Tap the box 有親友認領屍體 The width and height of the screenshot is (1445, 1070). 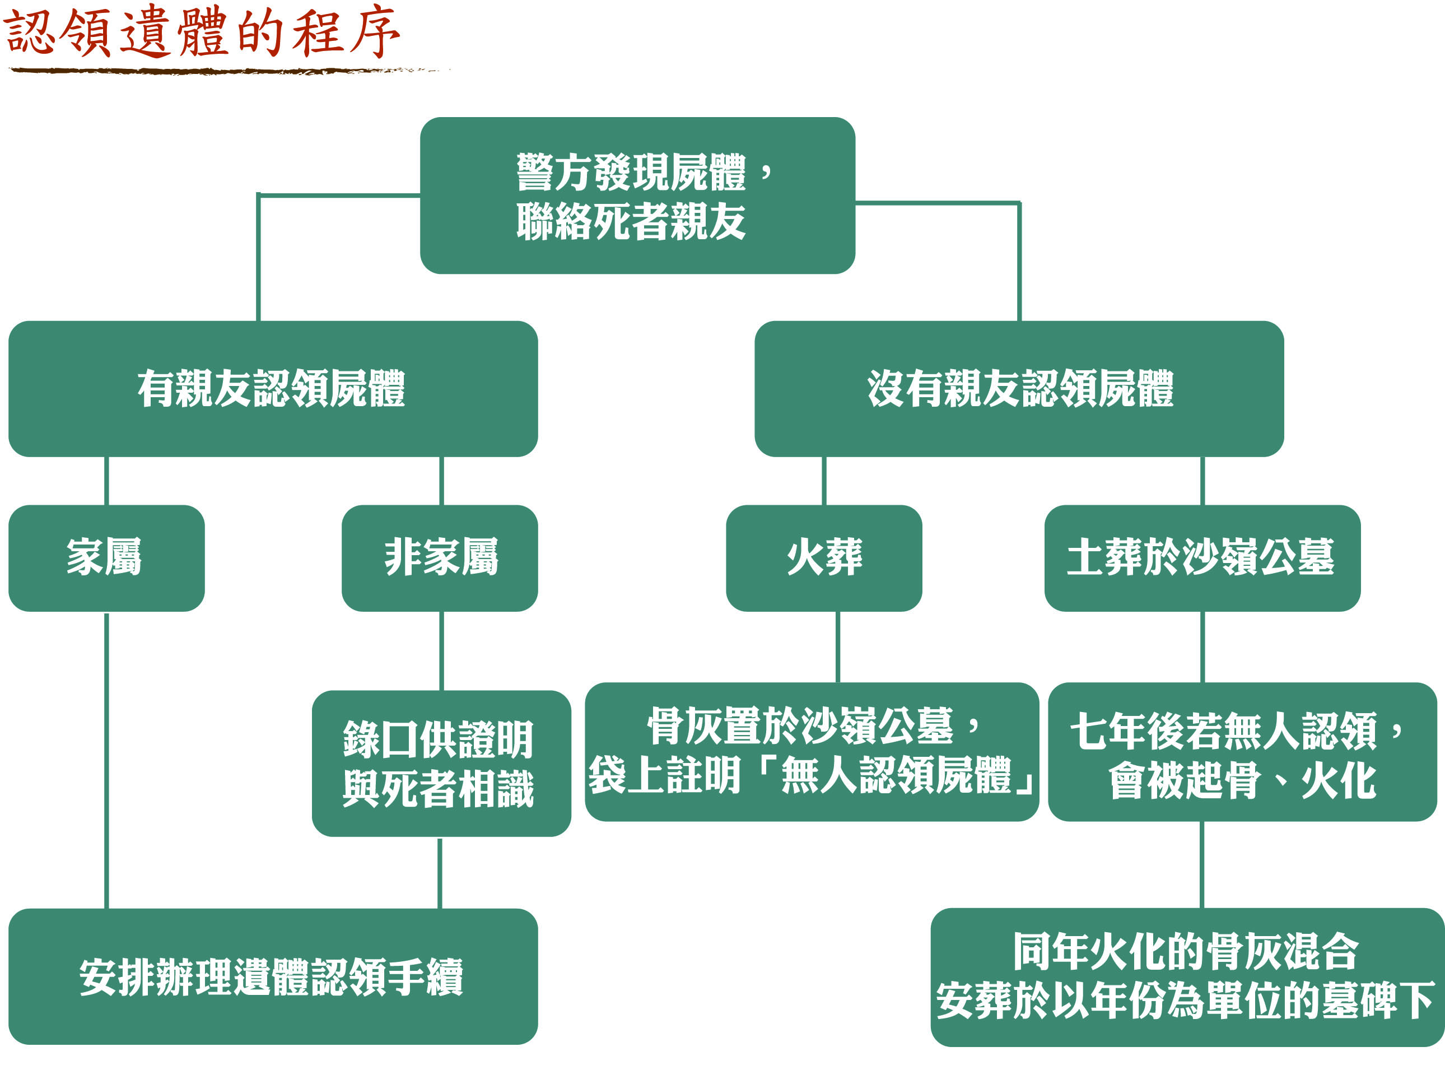click(273, 389)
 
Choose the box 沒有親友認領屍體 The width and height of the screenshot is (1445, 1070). click(1019, 389)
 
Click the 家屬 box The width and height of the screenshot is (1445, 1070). click(106, 557)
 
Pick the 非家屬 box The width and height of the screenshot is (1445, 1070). click(440, 557)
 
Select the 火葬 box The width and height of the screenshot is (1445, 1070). click(823, 557)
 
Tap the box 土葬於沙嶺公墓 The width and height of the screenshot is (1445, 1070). click(1201, 557)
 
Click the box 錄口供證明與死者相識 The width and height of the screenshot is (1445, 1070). click(441, 763)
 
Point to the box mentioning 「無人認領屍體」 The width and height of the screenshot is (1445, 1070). click(811, 751)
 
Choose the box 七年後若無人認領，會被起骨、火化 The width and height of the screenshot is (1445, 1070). click(1242, 751)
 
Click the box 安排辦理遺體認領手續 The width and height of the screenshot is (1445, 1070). click(273, 977)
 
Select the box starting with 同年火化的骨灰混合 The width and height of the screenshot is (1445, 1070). click(1187, 977)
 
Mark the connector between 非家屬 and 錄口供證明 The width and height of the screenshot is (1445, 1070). click(441, 650)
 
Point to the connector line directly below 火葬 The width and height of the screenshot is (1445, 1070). click(838, 646)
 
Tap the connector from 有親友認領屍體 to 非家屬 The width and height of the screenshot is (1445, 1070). click(441, 481)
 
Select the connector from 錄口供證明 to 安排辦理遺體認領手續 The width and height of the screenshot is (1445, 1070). click(440, 872)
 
